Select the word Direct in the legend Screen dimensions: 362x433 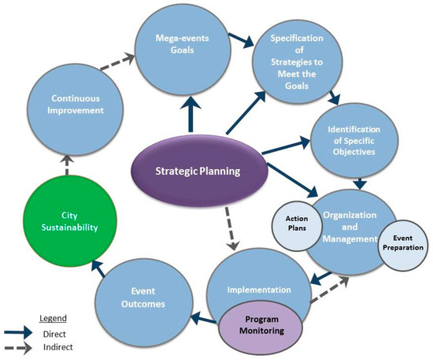56,334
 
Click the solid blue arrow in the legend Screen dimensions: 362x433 18,333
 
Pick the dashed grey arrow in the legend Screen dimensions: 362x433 18,347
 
